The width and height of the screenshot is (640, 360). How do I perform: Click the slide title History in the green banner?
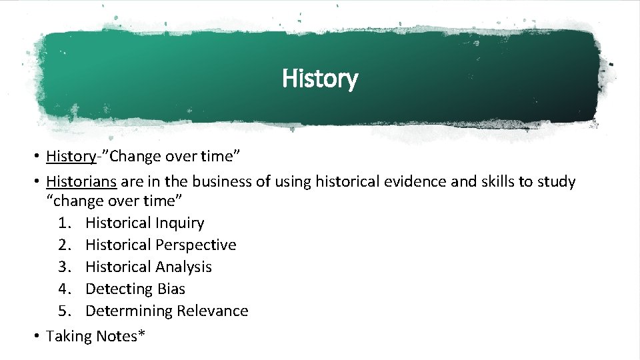pos(320,79)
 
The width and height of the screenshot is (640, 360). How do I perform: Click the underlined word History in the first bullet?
pos(71,157)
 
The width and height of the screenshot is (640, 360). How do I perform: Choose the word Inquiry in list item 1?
pos(178,223)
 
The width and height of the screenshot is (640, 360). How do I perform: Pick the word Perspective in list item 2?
pos(195,245)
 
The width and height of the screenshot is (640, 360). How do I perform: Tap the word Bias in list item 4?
pos(171,289)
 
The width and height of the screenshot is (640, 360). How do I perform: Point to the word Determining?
pos(125,311)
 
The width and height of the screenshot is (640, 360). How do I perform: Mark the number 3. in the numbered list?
pos(65,267)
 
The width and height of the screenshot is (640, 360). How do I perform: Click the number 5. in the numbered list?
pos(65,311)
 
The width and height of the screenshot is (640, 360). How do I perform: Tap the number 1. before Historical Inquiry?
pos(65,223)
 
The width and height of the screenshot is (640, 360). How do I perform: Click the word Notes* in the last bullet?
pos(121,336)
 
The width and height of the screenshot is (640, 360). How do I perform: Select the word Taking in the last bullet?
pos(69,337)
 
